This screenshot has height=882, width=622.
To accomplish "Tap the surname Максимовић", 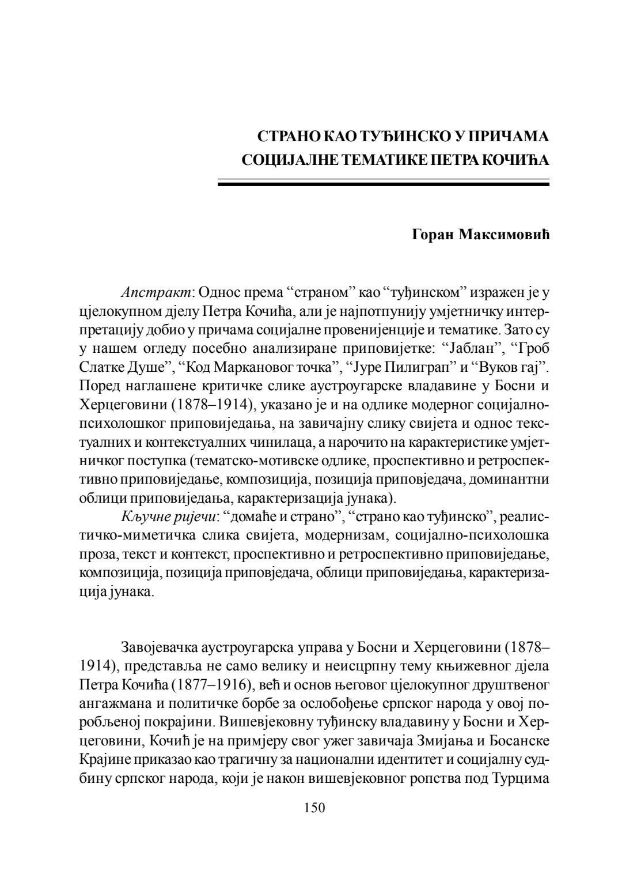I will coord(504,235).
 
